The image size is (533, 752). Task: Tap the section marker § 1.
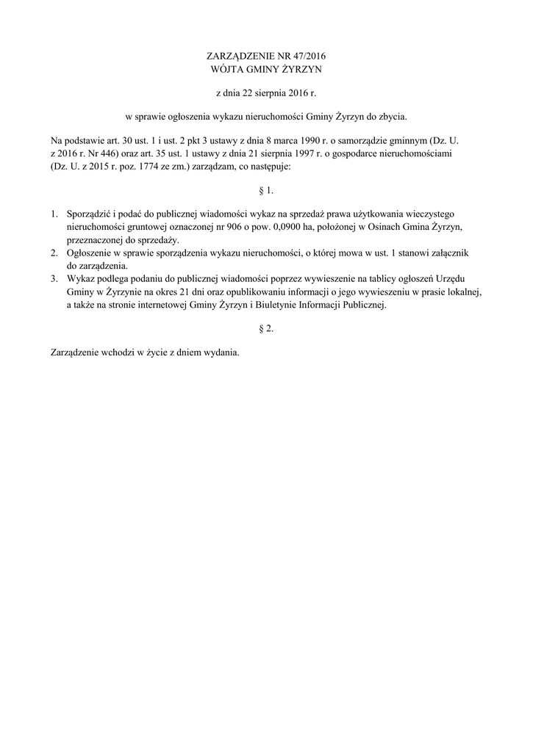point(266,191)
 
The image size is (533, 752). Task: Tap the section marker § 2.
point(266,329)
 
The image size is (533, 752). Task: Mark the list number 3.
point(54,279)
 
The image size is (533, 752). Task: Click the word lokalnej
point(462,292)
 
